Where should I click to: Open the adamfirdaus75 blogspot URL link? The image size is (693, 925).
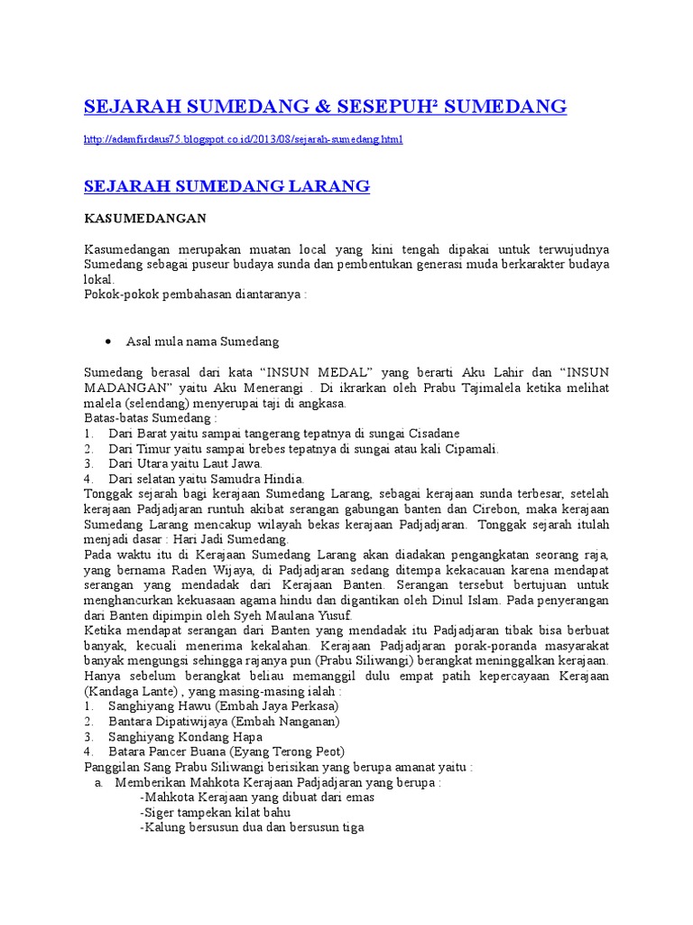(x=243, y=139)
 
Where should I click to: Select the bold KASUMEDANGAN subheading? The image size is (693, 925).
(x=145, y=219)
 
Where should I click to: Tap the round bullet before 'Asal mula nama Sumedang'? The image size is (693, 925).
(x=108, y=341)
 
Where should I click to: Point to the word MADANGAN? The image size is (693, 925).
(x=121, y=388)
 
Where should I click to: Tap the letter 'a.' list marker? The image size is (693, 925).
(x=99, y=782)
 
